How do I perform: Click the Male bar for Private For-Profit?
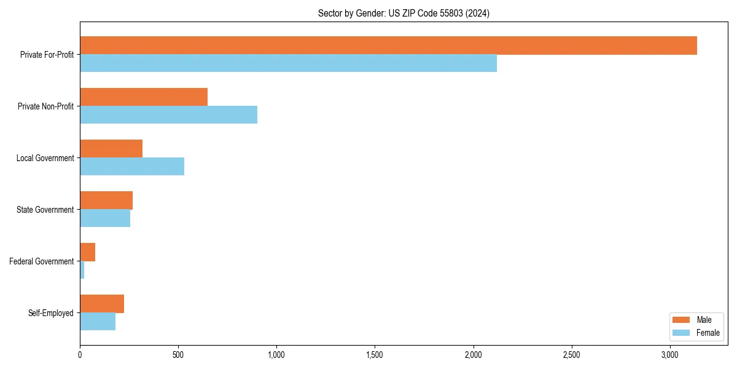[x=388, y=46]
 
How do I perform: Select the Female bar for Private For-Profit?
[x=288, y=63]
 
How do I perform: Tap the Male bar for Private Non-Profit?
[x=144, y=97]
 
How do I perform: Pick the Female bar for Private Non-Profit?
[x=168, y=115]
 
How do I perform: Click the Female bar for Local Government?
[x=132, y=167]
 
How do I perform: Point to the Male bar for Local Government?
[x=111, y=149]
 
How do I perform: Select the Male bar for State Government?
[x=106, y=200]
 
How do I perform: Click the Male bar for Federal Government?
[x=87, y=252]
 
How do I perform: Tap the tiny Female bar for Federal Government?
[x=82, y=270]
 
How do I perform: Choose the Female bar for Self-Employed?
[x=98, y=322]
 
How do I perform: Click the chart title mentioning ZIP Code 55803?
[x=404, y=13]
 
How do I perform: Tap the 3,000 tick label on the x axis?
[x=670, y=355]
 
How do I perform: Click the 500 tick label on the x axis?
[x=178, y=355]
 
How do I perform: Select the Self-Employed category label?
[x=50, y=313]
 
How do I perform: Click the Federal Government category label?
[x=41, y=261]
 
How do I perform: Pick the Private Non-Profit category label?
[x=45, y=106]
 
